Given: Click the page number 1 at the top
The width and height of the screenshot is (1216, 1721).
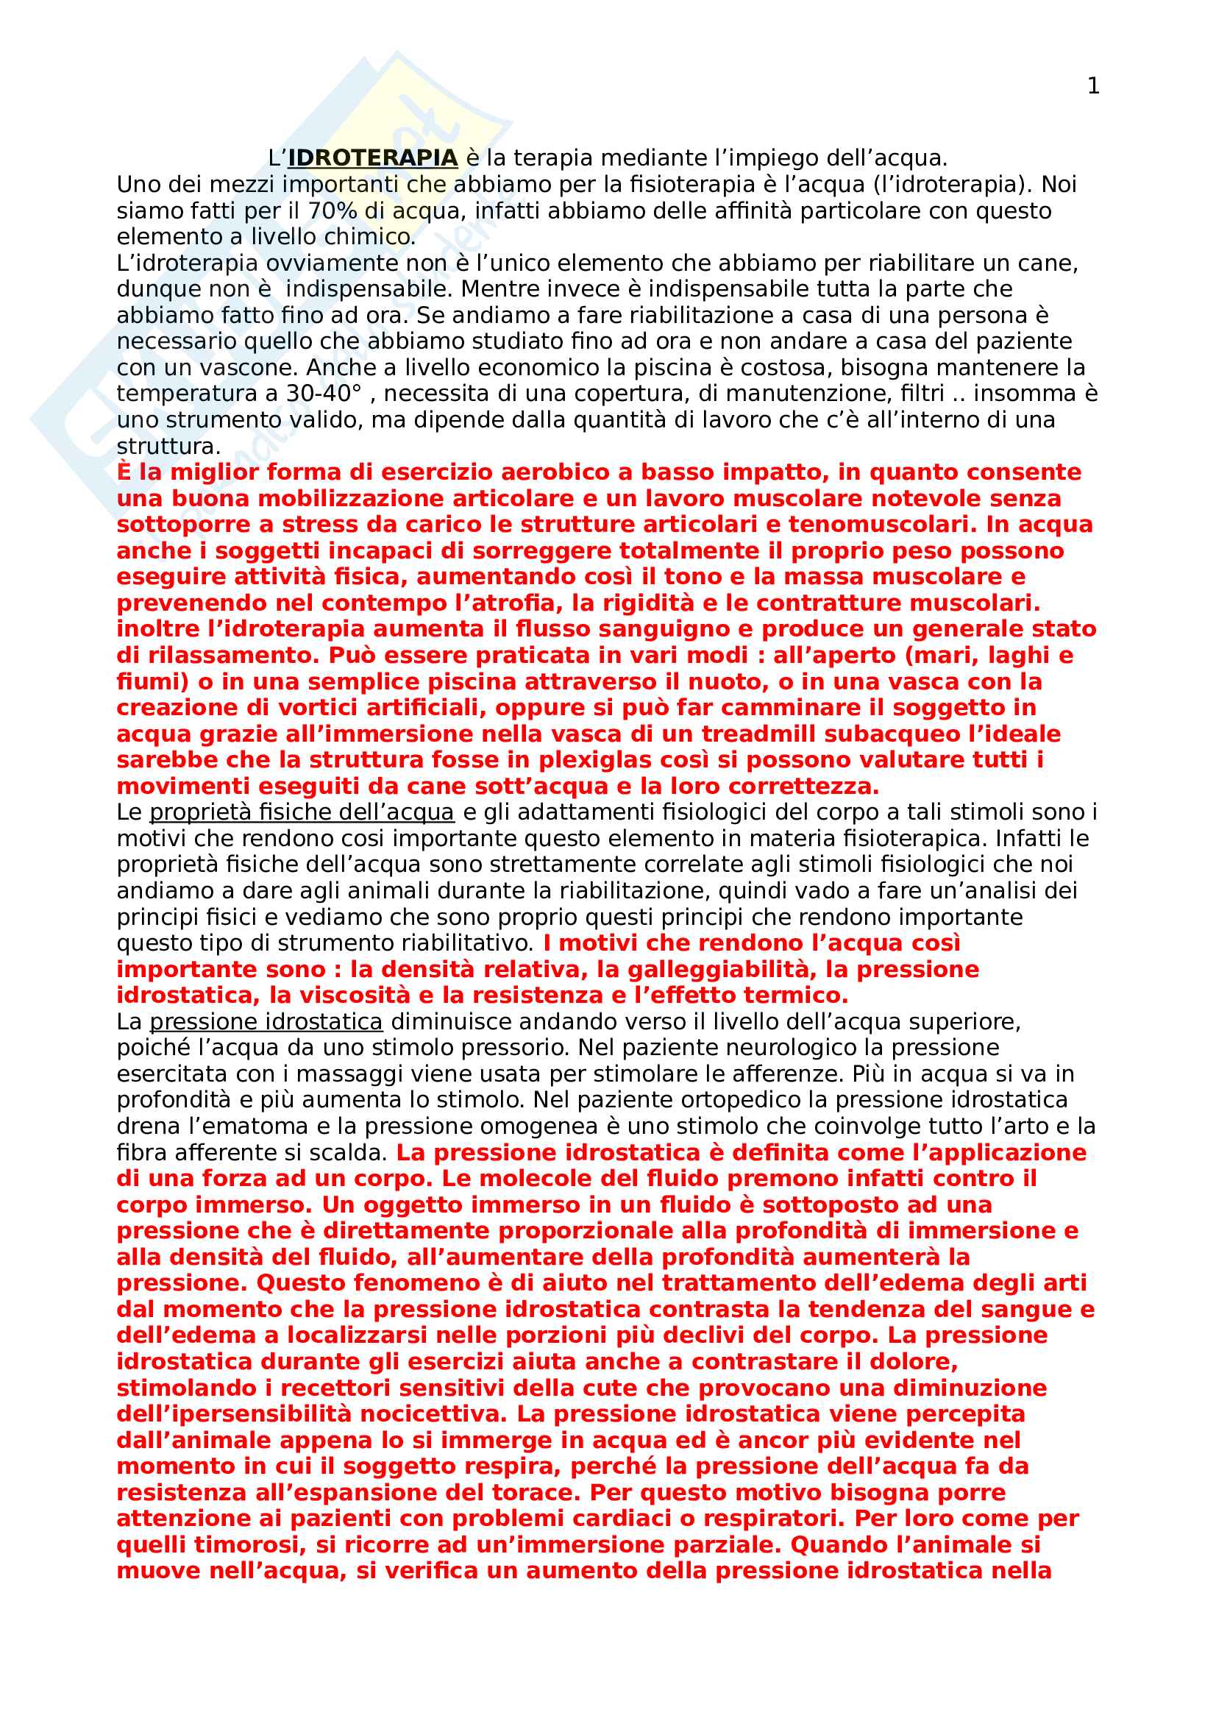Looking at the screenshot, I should [x=1093, y=87].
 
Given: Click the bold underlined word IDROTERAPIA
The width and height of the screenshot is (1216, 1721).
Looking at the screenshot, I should [x=372, y=158].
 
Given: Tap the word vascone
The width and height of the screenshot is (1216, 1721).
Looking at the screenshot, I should [x=249, y=367].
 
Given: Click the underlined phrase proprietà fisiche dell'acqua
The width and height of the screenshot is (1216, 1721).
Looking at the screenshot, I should [x=302, y=812].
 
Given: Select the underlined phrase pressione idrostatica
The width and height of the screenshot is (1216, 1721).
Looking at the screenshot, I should [x=266, y=1022].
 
